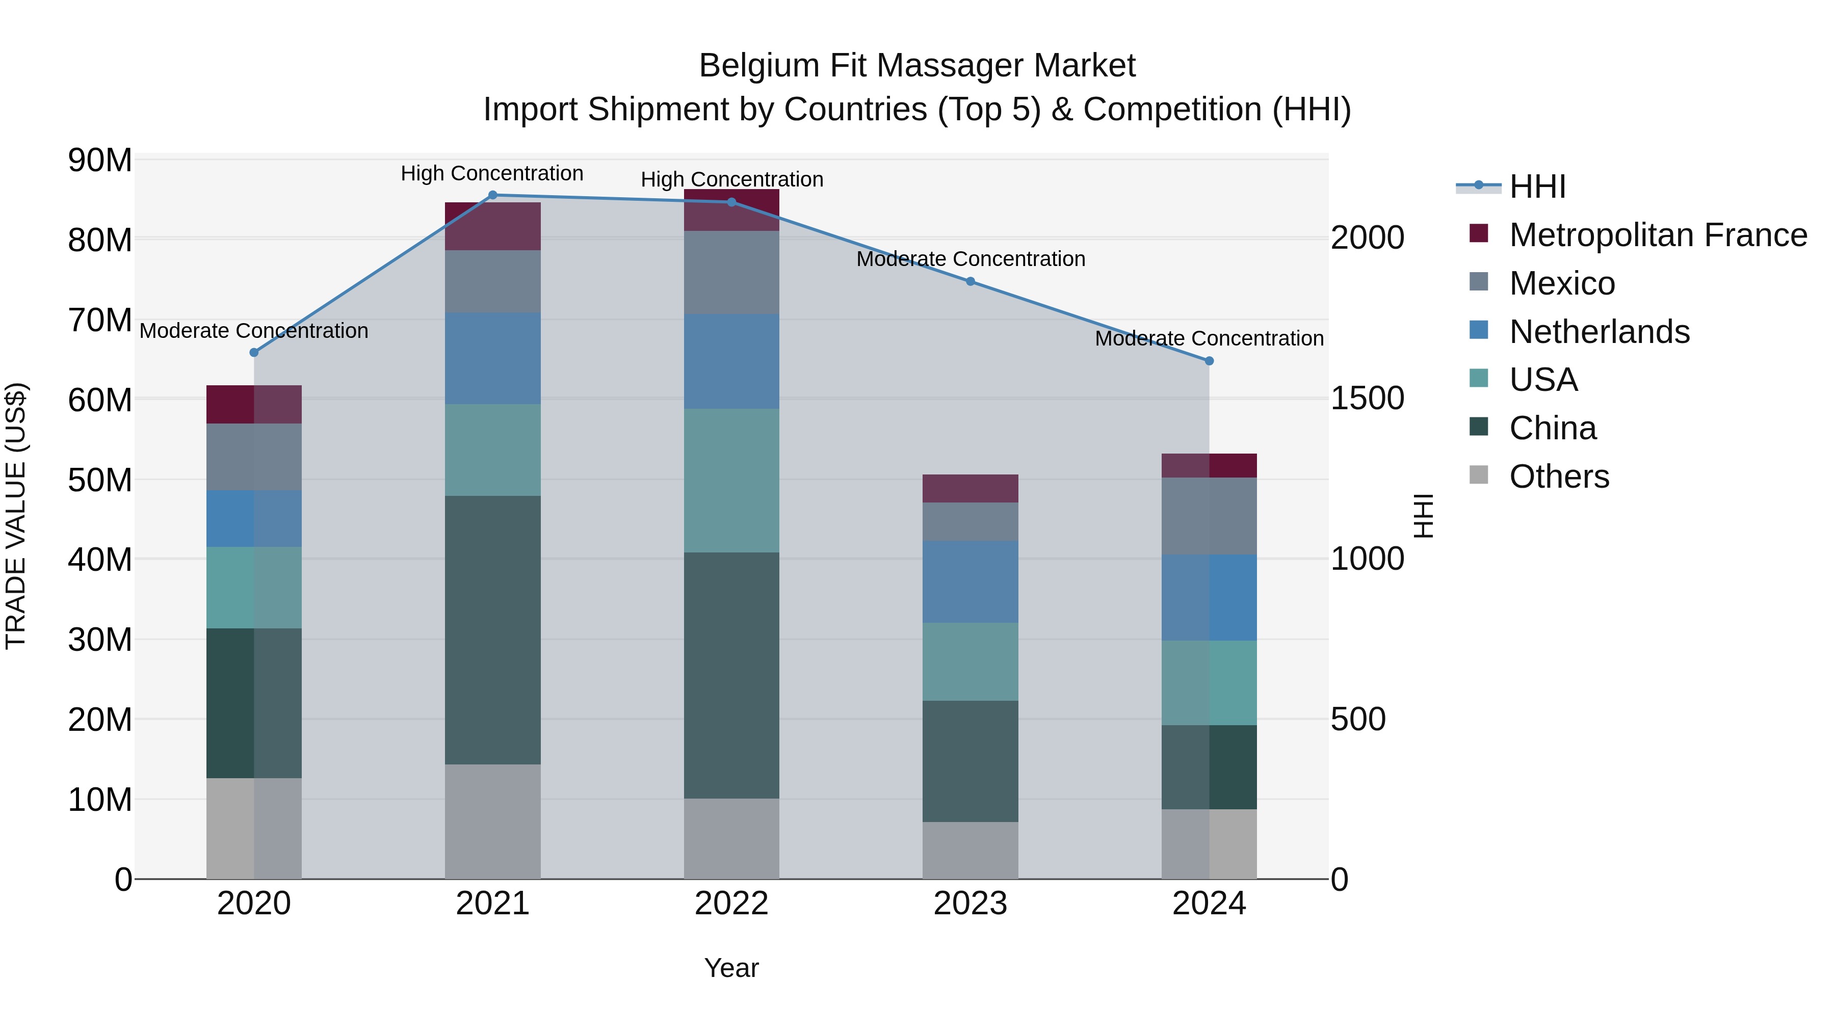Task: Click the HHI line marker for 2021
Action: click(x=492, y=195)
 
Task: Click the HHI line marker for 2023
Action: click(x=970, y=281)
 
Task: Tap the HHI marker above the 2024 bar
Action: click(x=1209, y=361)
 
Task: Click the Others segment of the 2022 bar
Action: click(x=731, y=838)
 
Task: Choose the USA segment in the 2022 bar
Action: click(x=731, y=480)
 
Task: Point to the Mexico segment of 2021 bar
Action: click(x=492, y=281)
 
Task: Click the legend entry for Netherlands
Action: click(x=1599, y=332)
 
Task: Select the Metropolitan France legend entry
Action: click(x=1658, y=235)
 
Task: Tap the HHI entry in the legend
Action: click(x=1537, y=187)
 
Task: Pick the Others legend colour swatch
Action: click(x=1479, y=475)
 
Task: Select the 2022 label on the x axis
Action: click(x=731, y=904)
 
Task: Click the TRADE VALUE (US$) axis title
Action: click(x=16, y=516)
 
